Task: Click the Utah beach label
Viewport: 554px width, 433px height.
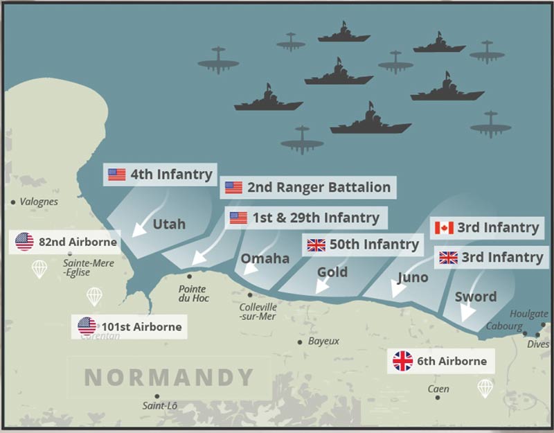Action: [169, 224]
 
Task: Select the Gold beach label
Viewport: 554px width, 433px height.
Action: [332, 272]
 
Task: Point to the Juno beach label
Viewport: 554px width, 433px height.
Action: [413, 278]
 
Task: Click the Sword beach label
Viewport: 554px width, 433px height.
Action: [476, 297]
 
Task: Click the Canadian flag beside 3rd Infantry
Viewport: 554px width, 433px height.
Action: [443, 228]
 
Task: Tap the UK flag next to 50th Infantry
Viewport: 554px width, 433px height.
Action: [316, 245]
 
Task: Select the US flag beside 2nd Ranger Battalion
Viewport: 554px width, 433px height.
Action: [233, 187]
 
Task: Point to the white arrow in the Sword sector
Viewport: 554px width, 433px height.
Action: [469, 312]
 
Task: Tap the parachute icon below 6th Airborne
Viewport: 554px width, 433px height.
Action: [485, 388]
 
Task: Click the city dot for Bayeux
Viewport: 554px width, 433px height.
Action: [299, 342]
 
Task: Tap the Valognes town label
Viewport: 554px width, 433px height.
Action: [39, 202]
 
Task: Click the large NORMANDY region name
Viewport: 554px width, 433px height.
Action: [169, 378]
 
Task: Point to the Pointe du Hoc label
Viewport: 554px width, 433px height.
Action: [193, 293]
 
